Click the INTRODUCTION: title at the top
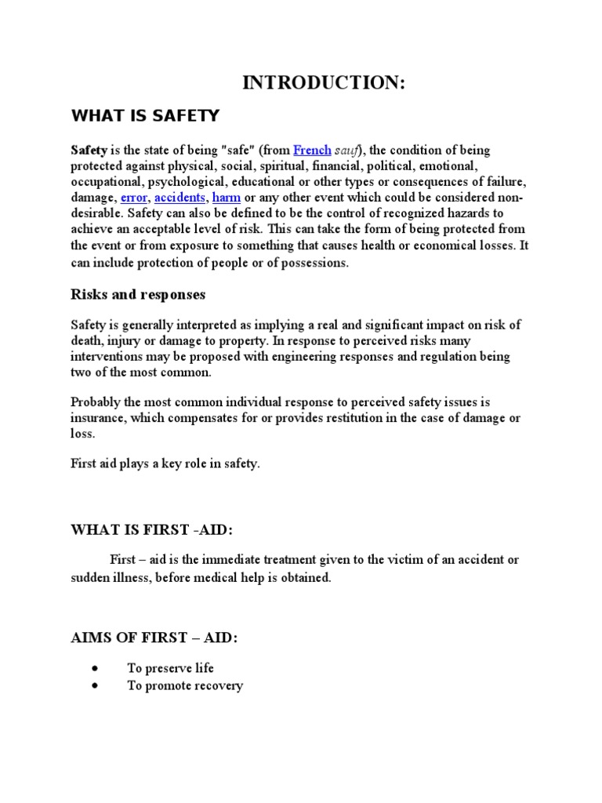point(324,83)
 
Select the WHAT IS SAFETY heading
point(146,117)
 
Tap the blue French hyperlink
point(312,150)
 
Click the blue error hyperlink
point(134,197)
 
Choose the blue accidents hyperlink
point(180,197)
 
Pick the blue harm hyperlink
point(227,197)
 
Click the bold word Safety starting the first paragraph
point(89,150)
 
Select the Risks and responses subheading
point(138,295)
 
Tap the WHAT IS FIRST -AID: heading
point(152,530)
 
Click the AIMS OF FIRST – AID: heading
point(154,638)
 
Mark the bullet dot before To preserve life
point(95,668)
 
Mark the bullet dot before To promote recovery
point(95,685)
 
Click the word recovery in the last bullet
point(219,685)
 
